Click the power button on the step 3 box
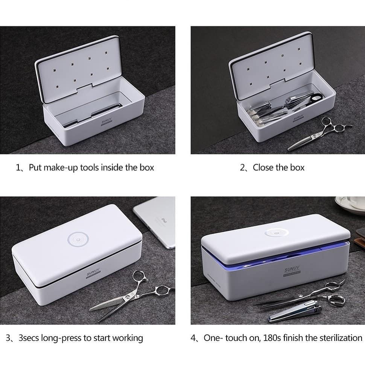pos(77,239)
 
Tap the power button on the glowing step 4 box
pos(276,233)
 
